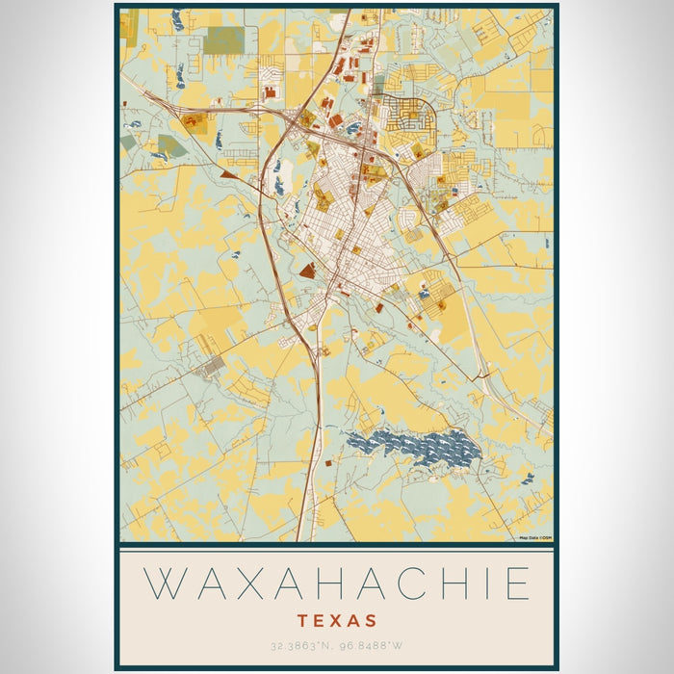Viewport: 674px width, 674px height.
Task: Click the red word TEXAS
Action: pyautogui.click(x=337, y=621)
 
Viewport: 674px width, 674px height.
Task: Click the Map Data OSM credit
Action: pyautogui.click(x=534, y=538)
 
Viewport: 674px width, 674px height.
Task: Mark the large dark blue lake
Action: pyautogui.click(x=414, y=448)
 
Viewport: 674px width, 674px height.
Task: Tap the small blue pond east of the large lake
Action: pyautogui.click(x=527, y=478)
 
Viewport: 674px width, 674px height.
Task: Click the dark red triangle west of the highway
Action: pyautogui.click(x=227, y=175)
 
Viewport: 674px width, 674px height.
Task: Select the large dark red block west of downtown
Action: pyautogui.click(x=307, y=272)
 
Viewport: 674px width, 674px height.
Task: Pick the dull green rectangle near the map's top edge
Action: pyautogui.click(x=224, y=39)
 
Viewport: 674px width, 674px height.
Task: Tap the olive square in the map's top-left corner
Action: pyautogui.click(x=129, y=26)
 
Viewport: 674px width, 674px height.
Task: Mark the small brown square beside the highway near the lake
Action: pyautogui.click(x=327, y=463)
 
